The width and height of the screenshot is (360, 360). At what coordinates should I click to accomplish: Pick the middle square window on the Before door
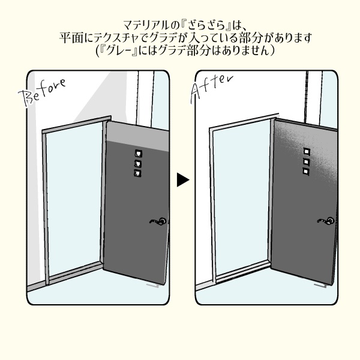click(x=137, y=163)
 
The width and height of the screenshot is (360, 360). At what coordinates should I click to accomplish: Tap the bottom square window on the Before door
click(x=138, y=173)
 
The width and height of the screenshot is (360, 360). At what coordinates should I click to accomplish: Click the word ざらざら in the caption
click(x=207, y=25)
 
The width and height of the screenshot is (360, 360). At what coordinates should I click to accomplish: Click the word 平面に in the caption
click(x=73, y=38)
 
